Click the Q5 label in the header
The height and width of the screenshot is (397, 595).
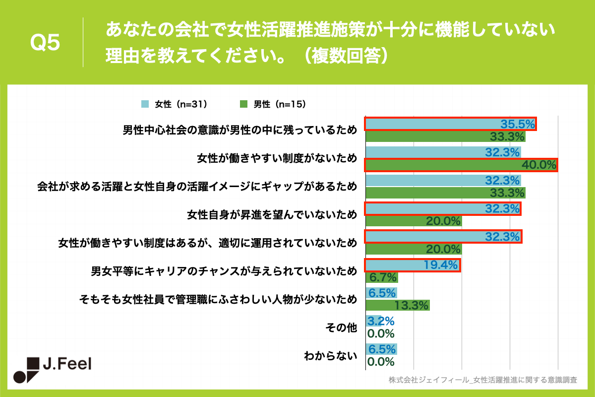(x=45, y=43)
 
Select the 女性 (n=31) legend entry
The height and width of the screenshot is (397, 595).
(x=174, y=104)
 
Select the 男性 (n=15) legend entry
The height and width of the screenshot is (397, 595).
(x=273, y=104)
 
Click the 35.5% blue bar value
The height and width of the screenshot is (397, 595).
(x=518, y=124)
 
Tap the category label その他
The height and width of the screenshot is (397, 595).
(x=341, y=328)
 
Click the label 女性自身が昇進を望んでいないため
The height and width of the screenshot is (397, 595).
(x=272, y=215)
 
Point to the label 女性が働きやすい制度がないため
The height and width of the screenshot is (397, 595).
(x=277, y=158)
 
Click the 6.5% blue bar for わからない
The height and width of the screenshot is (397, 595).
(x=381, y=349)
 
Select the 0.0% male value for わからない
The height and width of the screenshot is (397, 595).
(x=380, y=361)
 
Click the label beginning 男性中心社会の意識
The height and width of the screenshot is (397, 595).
(x=239, y=130)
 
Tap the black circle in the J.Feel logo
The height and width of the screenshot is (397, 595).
(x=19, y=377)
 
